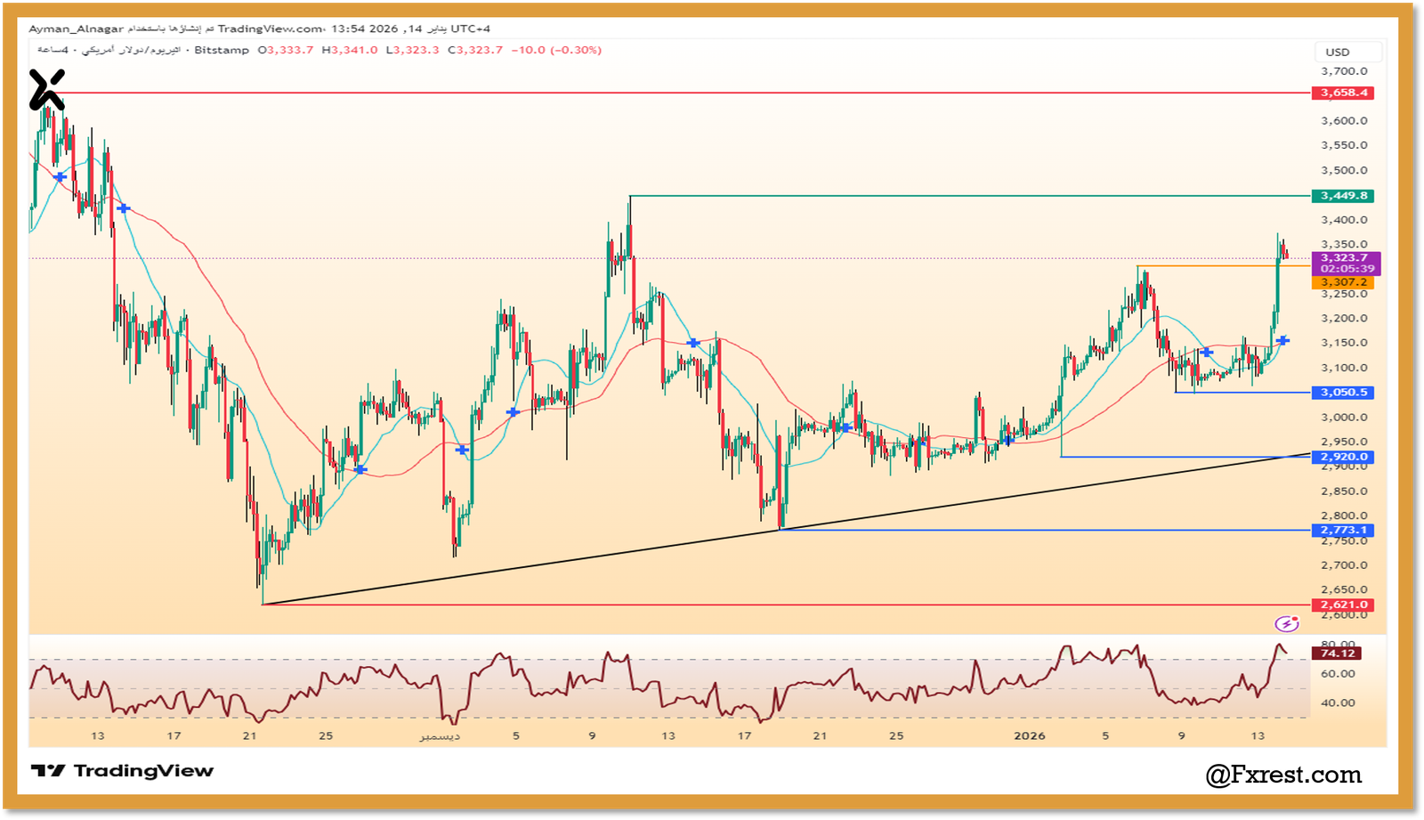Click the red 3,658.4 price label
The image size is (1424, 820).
(1344, 93)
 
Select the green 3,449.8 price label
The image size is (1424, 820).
(1344, 196)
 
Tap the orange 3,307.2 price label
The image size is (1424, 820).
(1344, 282)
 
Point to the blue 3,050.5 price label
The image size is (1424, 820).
(1344, 393)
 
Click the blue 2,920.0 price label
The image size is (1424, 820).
(1344, 457)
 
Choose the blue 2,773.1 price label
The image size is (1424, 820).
(1344, 531)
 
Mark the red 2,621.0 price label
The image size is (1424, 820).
(1344, 605)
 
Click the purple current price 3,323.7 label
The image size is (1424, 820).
(1344, 258)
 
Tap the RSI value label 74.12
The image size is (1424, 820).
(1338, 654)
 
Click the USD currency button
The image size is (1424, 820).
(1338, 53)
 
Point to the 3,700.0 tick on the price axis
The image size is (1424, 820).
(1344, 71)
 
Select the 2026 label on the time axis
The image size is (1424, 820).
(1030, 735)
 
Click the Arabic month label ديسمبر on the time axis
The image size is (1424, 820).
(441, 736)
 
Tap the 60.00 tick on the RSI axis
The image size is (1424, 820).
(1338, 674)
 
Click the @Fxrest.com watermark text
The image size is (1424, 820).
(1283, 775)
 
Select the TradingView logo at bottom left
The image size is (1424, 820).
(122, 771)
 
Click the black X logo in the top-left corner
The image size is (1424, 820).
(46, 90)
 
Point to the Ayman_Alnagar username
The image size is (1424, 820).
(76, 28)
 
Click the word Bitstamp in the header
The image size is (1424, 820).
(222, 50)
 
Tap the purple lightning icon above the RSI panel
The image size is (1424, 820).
(1285, 624)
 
